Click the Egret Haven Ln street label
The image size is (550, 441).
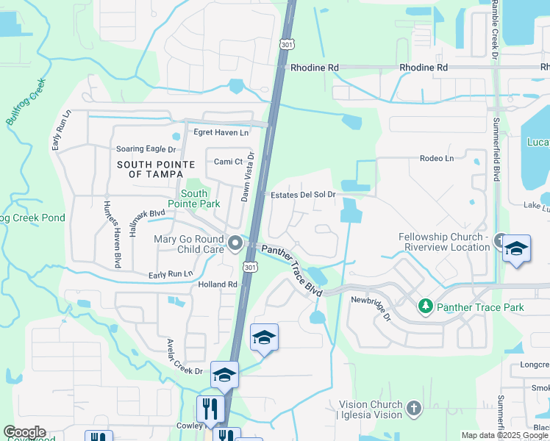[x=221, y=133]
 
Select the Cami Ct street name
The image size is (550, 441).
[x=228, y=162]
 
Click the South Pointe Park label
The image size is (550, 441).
[x=194, y=198]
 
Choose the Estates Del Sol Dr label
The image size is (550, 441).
[x=303, y=195]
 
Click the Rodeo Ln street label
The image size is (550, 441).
[x=437, y=158]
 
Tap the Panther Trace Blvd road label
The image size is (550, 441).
[x=293, y=270]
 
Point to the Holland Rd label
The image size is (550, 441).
[x=218, y=284]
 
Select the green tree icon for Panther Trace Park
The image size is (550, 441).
[x=425, y=305]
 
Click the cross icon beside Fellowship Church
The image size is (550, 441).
[x=501, y=240]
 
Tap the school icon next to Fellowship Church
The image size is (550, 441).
[x=517, y=249]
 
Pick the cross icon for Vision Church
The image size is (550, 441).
[x=413, y=407]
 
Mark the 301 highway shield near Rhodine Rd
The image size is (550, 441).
[x=287, y=45]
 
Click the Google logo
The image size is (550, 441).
[x=24, y=432]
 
